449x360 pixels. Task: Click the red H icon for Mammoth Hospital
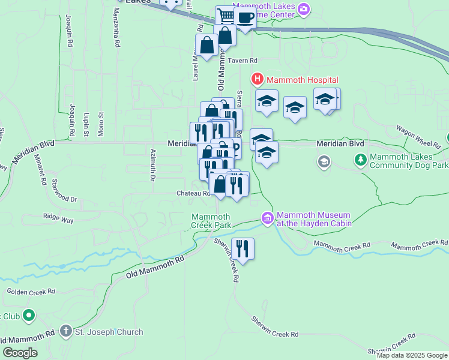pos(258,79)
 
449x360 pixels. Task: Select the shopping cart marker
pos(226,16)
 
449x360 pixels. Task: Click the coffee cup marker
pos(245,18)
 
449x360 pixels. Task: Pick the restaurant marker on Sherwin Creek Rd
pos(243,248)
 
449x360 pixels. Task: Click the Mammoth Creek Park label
pos(211,221)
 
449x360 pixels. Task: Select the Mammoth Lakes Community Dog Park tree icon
pos(361,160)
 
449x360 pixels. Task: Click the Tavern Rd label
pos(246,61)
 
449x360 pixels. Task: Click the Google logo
pos(20,353)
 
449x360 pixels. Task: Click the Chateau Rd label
pos(193,193)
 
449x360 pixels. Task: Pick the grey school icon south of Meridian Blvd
pos(324,161)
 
